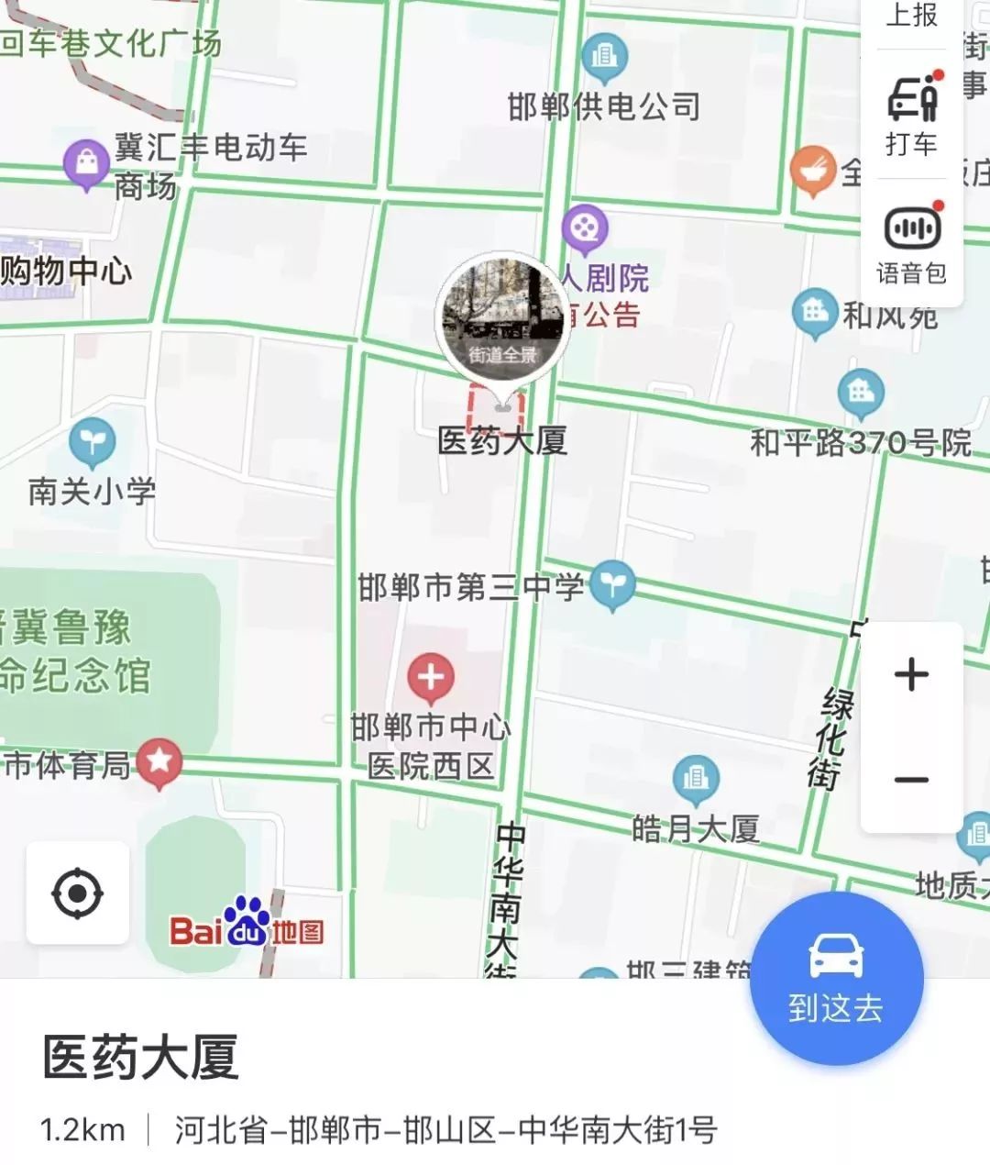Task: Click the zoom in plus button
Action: coord(911,675)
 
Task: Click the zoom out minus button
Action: coord(911,780)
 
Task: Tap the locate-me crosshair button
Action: coord(78,893)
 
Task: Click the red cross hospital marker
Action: coord(431,678)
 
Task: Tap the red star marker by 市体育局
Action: coord(159,761)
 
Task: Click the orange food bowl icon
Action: coord(812,170)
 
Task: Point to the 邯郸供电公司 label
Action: coord(604,107)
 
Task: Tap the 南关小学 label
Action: coord(92,491)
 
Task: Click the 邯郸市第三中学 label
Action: coord(471,587)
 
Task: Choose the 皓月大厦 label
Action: coord(696,829)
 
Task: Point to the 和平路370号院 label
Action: coord(861,443)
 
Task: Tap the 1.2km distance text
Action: coord(82,1130)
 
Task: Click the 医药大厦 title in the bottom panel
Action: coord(140,1058)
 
